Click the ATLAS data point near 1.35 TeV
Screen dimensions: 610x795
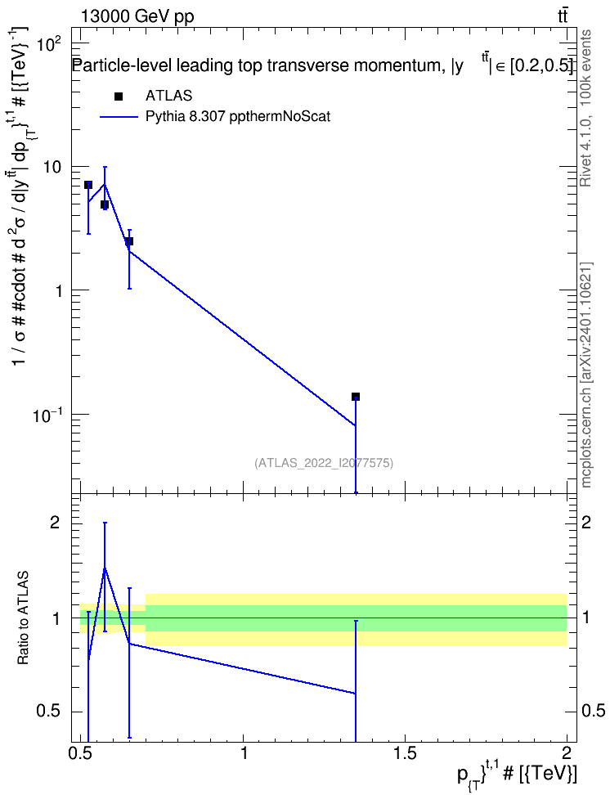(356, 397)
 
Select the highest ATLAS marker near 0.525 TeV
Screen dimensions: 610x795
(88, 185)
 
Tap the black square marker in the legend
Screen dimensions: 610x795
(119, 97)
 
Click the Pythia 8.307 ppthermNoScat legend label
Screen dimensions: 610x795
(238, 117)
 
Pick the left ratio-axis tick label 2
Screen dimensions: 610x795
(55, 522)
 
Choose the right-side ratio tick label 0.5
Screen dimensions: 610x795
(594, 711)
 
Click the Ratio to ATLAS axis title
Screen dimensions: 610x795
(23, 618)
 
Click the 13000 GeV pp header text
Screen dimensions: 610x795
(137, 16)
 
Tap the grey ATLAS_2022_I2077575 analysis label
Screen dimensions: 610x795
(324, 463)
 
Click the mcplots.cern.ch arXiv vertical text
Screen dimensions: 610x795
(585, 375)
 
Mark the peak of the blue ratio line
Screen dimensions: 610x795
(105, 568)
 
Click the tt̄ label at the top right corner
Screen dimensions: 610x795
(563, 16)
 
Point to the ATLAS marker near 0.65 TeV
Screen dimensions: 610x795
(129, 240)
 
